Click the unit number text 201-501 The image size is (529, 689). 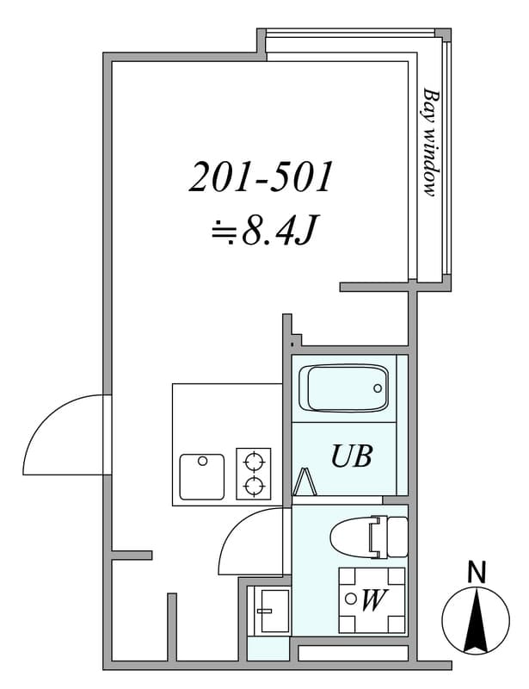point(261,177)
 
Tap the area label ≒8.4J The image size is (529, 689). point(263,229)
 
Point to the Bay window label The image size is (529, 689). point(431,142)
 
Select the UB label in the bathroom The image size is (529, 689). point(352,456)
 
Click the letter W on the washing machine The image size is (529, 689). point(373,599)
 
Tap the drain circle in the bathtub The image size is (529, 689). point(378,388)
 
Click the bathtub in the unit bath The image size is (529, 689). point(343,388)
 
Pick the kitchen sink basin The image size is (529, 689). point(202,477)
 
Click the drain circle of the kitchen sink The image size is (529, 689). point(202,461)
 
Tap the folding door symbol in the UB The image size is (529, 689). point(304,482)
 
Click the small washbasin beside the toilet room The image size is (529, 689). point(274,611)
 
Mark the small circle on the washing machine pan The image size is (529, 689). point(350,598)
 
